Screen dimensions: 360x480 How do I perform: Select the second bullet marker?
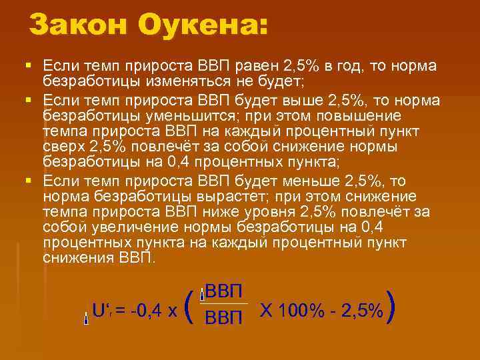pyautogui.click(x=27, y=100)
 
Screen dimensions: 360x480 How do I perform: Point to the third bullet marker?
pyautogui.click(x=27, y=181)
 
